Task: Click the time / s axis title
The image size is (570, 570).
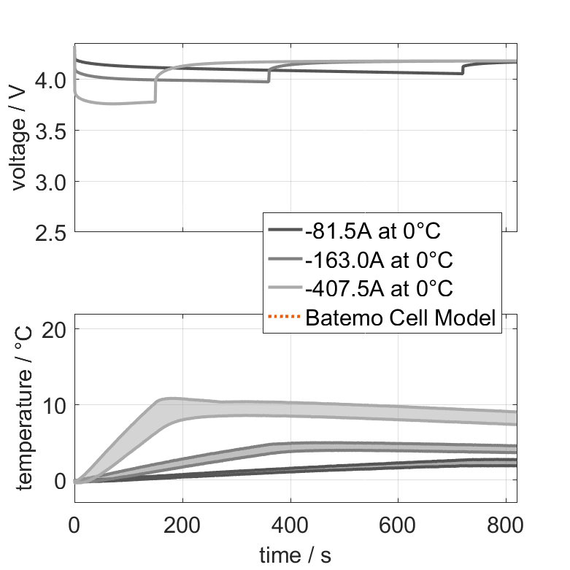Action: [295, 555]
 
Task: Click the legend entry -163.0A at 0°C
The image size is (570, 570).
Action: [380, 260]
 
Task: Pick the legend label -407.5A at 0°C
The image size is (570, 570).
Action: [380, 288]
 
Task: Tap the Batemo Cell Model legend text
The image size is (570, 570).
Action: [401, 317]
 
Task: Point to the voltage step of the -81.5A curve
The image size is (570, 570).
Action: [463, 69]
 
